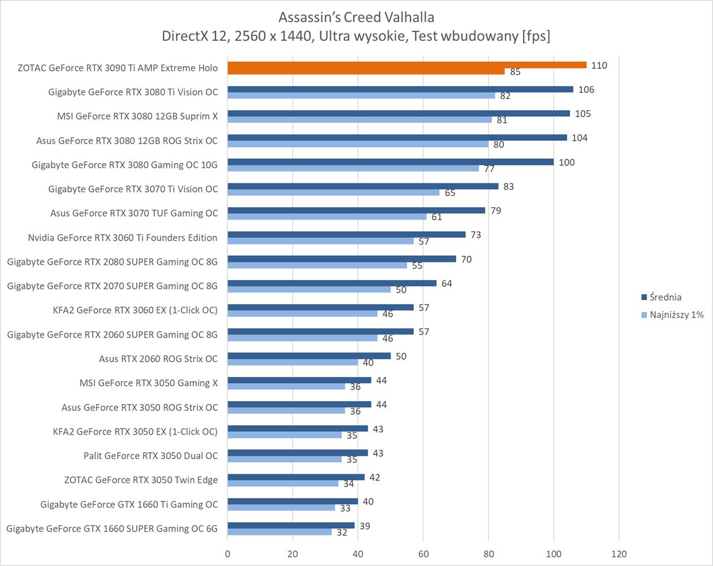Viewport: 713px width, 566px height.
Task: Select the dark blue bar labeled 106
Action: pyautogui.click(x=400, y=89)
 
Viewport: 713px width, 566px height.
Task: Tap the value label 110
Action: pyautogui.click(x=599, y=66)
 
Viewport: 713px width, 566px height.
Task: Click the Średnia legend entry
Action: pyautogui.click(x=665, y=297)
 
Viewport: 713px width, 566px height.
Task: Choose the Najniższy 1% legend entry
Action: pyautogui.click(x=676, y=315)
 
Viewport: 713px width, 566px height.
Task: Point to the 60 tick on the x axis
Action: pyautogui.click(x=424, y=554)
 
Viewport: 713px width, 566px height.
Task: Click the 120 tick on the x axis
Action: pyautogui.click(x=619, y=554)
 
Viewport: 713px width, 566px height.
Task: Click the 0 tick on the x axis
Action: pyautogui.click(x=228, y=554)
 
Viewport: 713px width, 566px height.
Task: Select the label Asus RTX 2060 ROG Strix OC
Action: pyautogui.click(x=158, y=359)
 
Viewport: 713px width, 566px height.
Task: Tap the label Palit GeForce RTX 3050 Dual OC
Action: pyautogui.click(x=150, y=456)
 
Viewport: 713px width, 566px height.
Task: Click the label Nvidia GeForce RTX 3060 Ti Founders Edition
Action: pyautogui.click(x=123, y=238)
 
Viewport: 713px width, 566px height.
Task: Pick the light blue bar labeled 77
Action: pyautogui.click(x=353, y=168)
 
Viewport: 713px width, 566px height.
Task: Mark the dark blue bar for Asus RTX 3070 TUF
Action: pyautogui.click(x=356, y=211)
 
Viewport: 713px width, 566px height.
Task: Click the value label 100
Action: pyautogui.click(x=567, y=162)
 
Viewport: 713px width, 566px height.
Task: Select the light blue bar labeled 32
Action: pyautogui.click(x=280, y=532)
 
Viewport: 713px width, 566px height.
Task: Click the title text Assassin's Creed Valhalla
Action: pyautogui.click(x=356, y=17)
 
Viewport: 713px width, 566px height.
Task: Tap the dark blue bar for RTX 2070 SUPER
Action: pyautogui.click(x=332, y=283)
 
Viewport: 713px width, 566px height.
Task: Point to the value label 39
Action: pyautogui.click(x=365, y=526)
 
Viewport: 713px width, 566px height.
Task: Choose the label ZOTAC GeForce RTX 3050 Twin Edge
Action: pyautogui.click(x=141, y=480)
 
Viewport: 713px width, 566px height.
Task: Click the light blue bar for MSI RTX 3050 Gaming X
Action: pyautogui.click(x=286, y=387)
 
